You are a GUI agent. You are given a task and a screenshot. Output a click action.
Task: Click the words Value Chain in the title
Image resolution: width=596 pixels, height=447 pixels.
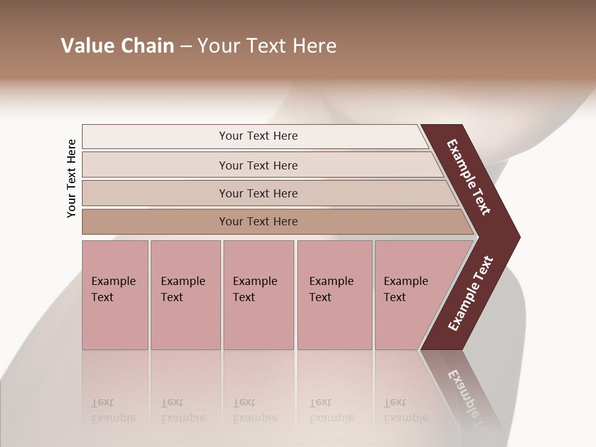tap(117, 46)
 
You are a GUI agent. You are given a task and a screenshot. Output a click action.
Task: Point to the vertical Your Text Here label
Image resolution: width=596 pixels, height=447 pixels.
tap(72, 179)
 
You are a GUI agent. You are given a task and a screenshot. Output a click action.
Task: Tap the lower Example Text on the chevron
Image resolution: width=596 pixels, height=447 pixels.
tap(470, 294)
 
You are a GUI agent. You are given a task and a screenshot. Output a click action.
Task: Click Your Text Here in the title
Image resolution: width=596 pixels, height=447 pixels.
tap(267, 46)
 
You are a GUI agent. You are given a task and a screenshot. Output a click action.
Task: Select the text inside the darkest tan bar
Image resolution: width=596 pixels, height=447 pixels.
tap(258, 222)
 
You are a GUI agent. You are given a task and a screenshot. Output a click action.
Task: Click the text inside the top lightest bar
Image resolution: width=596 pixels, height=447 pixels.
tap(258, 136)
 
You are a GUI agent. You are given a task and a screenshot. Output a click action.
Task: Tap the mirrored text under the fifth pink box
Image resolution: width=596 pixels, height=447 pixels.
tap(405, 410)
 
